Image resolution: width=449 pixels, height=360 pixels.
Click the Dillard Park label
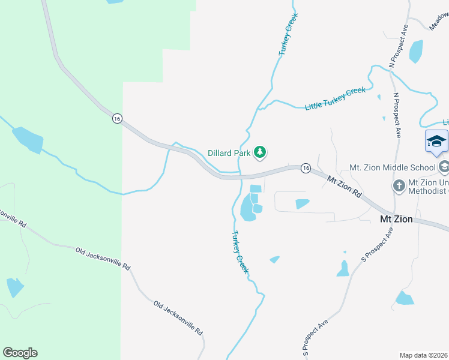point(229,153)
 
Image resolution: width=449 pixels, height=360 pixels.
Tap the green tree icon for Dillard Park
point(260,152)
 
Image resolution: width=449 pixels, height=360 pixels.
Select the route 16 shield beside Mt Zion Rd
point(306,168)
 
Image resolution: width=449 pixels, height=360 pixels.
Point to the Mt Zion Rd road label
point(345,187)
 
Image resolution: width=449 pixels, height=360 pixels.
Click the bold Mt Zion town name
point(396,219)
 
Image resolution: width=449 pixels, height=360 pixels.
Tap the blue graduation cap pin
point(436,142)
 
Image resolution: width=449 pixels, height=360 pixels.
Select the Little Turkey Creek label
point(335,98)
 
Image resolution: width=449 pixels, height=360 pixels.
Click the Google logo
point(20,353)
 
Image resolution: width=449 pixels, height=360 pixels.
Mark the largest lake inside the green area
point(28,140)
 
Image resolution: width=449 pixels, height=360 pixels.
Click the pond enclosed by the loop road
point(302,204)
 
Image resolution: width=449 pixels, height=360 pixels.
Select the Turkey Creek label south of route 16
point(240,253)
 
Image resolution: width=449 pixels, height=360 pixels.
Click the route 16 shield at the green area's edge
point(116,119)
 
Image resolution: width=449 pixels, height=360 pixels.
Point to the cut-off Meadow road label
point(439,23)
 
